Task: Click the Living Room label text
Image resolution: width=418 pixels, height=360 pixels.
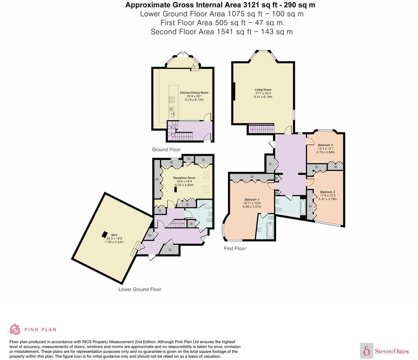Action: [263, 90]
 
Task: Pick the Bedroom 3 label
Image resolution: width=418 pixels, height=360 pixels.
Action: [325, 145]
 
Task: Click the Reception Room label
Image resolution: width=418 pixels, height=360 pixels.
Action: [184, 178]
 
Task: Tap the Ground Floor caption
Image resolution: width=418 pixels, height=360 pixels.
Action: [166, 150]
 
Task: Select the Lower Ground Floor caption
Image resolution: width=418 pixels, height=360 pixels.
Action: [140, 289]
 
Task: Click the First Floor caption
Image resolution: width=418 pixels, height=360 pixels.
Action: [235, 248]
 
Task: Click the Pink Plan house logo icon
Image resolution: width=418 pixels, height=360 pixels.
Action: [15, 329]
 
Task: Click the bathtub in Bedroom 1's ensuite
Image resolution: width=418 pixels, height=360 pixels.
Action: [269, 230]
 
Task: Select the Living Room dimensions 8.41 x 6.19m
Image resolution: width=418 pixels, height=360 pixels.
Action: [263, 97]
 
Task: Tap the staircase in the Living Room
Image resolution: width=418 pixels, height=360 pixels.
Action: [260, 130]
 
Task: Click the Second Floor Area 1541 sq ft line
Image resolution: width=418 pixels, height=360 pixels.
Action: [221, 32]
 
